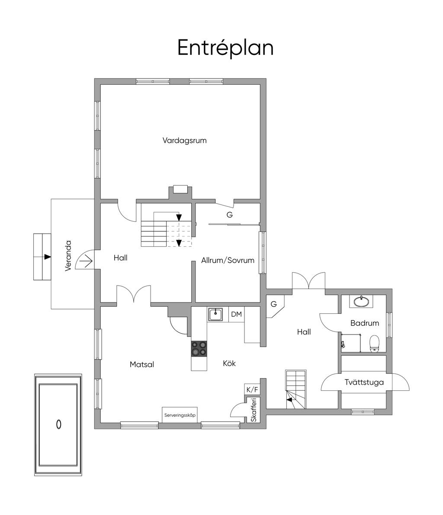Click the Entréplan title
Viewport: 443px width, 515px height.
click(225, 48)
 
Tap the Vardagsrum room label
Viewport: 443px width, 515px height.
click(185, 141)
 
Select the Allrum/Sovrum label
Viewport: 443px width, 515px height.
click(228, 261)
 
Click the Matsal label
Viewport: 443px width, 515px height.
click(142, 364)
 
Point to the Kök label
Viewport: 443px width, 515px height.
click(229, 363)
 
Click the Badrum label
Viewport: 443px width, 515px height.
click(365, 323)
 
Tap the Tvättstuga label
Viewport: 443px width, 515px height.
click(364, 382)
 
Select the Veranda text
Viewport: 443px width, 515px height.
click(68, 256)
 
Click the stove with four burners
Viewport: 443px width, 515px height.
click(199, 348)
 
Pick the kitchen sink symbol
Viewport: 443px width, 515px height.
click(215, 314)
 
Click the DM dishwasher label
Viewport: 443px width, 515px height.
click(237, 314)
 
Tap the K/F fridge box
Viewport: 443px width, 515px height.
click(252, 390)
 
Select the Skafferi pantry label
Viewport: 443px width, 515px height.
click(254, 410)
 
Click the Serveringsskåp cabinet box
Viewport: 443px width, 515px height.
click(180, 415)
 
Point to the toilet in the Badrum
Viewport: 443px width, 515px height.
click(375, 344)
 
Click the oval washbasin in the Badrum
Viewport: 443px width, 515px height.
click(362, 301)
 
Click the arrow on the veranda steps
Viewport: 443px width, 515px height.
click(48, 257)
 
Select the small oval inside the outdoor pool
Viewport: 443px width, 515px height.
click(59, 425)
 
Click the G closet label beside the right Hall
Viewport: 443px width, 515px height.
click(273, 304)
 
